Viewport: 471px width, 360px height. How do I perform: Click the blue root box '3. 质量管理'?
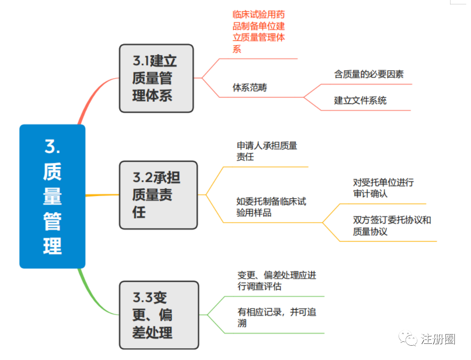click(x=52, y=196)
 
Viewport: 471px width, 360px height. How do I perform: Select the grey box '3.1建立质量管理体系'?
click(x=156, y=79)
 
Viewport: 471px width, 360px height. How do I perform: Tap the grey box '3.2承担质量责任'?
click(x=158, y=195)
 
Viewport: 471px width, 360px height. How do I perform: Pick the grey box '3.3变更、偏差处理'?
click(x=159, y=315)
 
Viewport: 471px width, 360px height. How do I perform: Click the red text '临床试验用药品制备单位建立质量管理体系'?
click(x=259, y=31)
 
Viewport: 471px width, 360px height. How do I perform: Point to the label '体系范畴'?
click(x=249, y=87)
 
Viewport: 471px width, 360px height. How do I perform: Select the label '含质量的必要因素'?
click(x=369, y=74)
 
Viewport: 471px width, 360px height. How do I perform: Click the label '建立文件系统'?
click(x=360, y=100)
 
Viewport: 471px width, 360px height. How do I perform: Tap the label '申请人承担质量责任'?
click(x=267, y=151)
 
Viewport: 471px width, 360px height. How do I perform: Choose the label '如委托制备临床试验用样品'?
click(x=271, y=207)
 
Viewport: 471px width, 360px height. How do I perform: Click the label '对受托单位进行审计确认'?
click(x=383, y=188)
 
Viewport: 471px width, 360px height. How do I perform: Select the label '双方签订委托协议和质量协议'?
click(x=392, y=226)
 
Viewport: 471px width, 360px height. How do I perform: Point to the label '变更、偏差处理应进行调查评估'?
click(x=276, y=281)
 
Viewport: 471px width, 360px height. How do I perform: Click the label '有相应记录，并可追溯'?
click(x=276, y=318)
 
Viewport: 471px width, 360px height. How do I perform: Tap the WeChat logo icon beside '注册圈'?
click(x=408, y=338)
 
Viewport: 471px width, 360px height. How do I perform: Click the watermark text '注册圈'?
click(x=438, y=339)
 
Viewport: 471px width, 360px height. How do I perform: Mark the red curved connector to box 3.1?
click(x=94, y=93)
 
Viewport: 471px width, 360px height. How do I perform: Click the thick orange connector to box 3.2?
click(x=102, y=195)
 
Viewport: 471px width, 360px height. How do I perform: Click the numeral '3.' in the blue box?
click(x=52, y=146)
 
